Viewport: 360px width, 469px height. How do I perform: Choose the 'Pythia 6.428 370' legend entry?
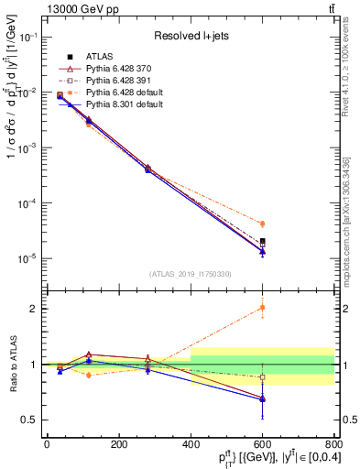tap(113, 69)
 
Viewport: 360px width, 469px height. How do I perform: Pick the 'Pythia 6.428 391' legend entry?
tap(113, 81)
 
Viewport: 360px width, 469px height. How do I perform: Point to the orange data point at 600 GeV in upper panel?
tap(262, 224)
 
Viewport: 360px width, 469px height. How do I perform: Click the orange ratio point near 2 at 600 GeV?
tap(262, 307)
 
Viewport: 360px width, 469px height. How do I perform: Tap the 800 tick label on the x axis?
tap(333, 444)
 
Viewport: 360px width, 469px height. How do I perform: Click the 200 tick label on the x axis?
tap(118, 444)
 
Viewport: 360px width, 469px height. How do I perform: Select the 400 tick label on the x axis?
tap(191, 444)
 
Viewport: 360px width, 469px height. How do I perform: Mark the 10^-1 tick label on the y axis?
tap(28, 38)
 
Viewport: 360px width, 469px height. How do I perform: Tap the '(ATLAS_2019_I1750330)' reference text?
tap(191, 274)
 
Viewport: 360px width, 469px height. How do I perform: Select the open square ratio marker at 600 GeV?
tap(262, 376)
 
